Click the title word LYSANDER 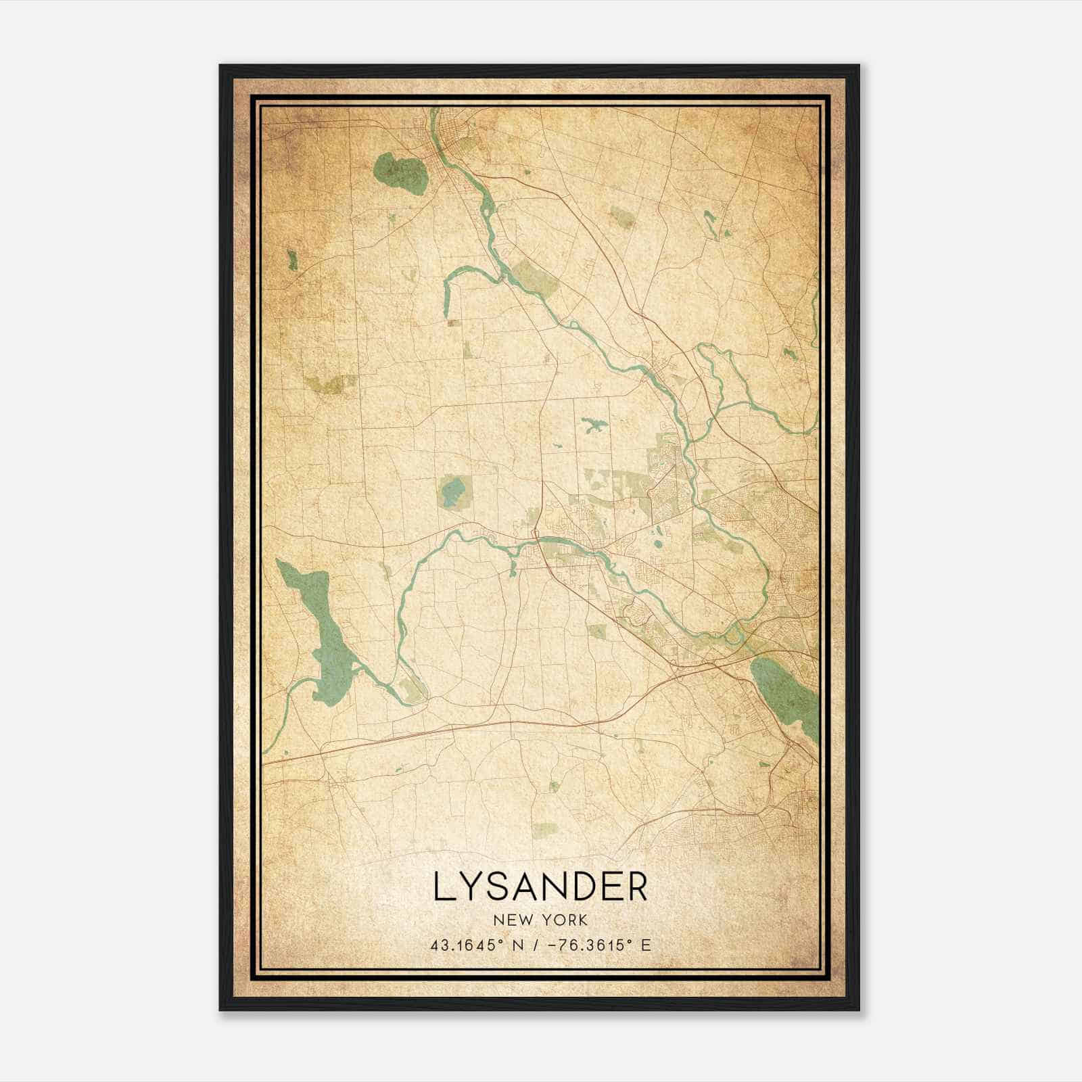click(x=540, y=887)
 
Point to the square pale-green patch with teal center click(x=452, y=492)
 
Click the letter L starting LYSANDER click(x=443, y=887)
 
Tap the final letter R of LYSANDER click(x=636, y=887)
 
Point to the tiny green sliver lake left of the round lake click(x=292, y=260)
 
